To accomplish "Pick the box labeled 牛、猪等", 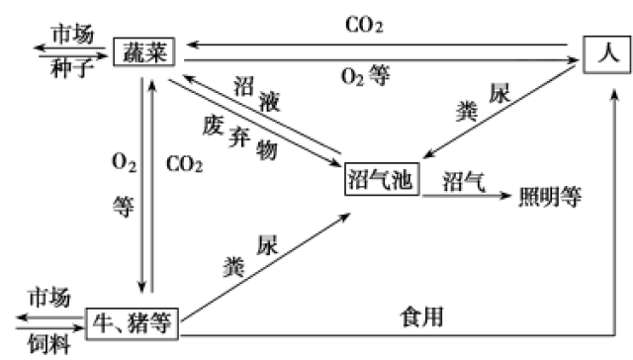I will tap(134, 321).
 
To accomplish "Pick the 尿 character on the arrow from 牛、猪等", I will tap(265, 244).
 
